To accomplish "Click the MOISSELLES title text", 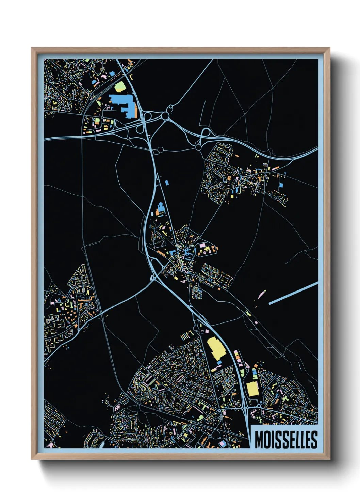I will click(286, 440).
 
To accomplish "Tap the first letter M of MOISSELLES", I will click(258, 440).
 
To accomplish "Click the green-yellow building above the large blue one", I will click(120, 87).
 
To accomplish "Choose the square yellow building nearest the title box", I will click(252, 389).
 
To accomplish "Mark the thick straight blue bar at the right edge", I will click(294, 293).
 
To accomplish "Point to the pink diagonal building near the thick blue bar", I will click(262, 294).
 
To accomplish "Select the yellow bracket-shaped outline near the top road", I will click(131, 77).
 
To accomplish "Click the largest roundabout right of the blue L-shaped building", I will click(166, 116).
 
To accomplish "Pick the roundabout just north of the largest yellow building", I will click(196, 328).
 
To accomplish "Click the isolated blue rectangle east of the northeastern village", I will click(281, 185).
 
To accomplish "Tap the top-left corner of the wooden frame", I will click(32, 48).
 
